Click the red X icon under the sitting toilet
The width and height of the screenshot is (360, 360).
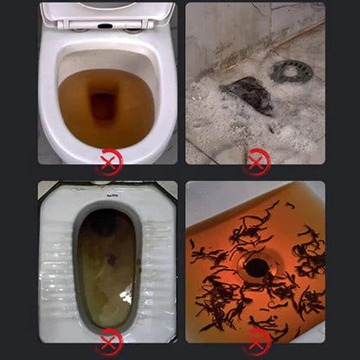[x=108, y=161]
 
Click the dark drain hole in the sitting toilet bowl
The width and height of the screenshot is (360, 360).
[x=104, y=107]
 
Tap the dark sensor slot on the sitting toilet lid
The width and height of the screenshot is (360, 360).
[x=104, y=25]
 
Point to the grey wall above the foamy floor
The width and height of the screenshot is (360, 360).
[x=225, y=26]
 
